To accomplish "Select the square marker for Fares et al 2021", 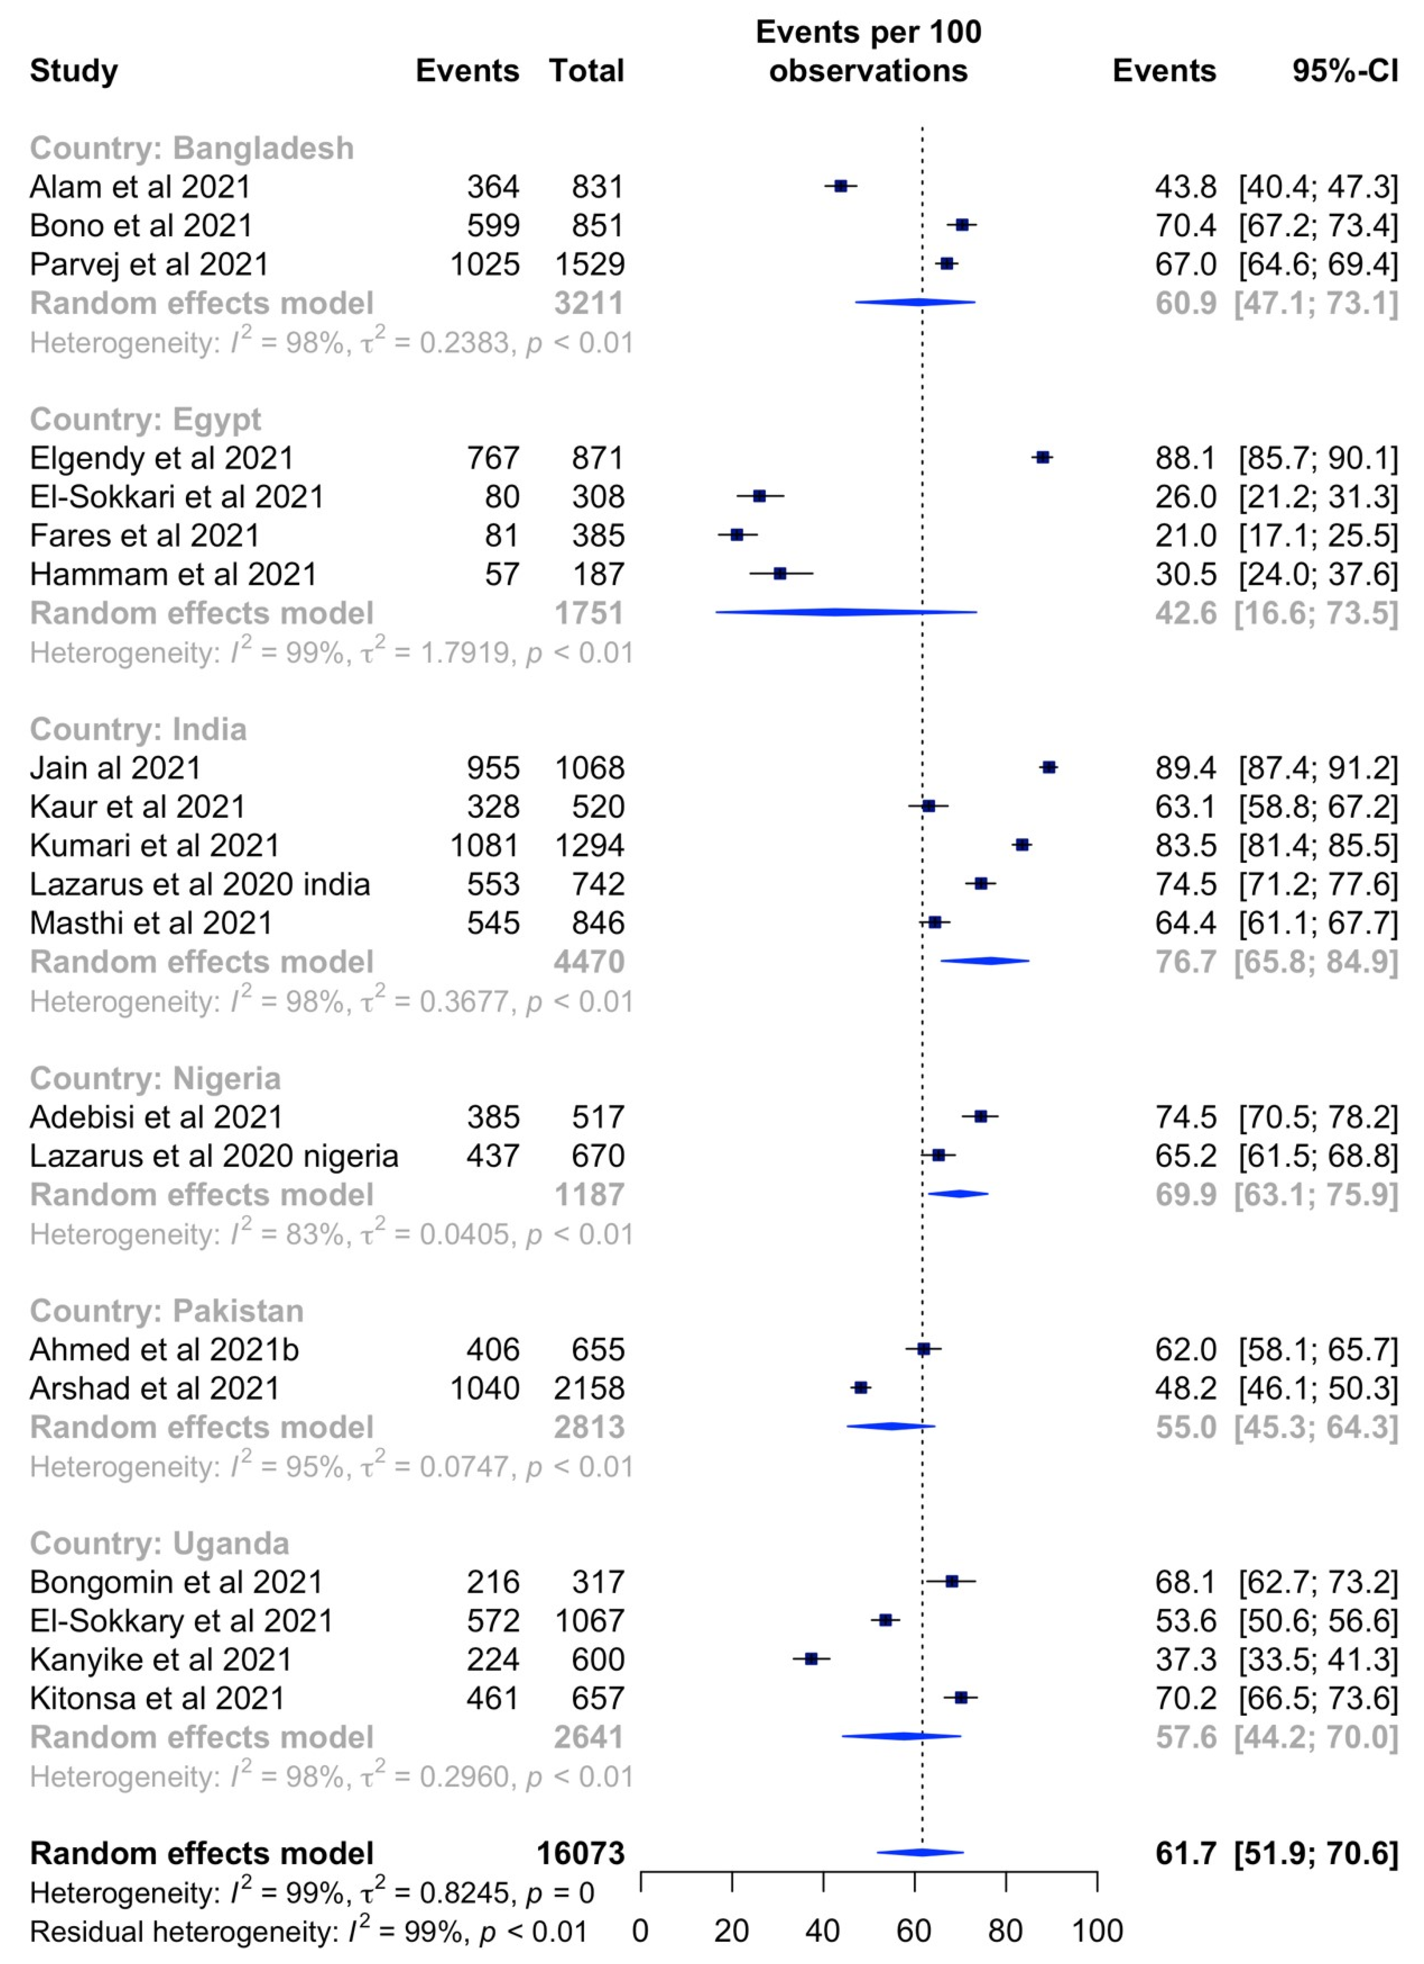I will [737, 535].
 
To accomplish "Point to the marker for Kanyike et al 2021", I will [811, 1659].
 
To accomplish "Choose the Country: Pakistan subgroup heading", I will [167, 1311].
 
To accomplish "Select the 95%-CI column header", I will [1344, 70].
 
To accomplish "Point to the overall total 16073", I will [580, 1853].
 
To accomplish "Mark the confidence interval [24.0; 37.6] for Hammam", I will [1318, 574].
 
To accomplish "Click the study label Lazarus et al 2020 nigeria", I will [214, 1156].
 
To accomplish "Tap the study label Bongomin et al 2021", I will [176, 1582].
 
